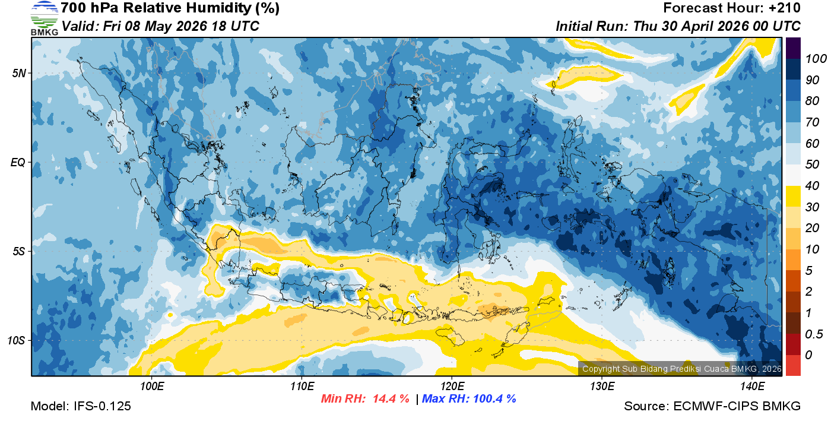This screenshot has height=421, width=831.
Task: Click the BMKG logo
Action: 45,18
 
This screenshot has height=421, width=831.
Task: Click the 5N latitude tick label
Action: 19,73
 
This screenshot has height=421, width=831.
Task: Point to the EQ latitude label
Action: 18,162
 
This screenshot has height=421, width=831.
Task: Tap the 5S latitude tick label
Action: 19,252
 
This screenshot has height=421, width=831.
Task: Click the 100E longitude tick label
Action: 152,387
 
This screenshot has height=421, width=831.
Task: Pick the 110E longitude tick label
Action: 302,387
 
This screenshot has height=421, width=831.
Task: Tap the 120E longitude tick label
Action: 452,387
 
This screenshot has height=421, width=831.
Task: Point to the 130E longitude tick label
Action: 602,387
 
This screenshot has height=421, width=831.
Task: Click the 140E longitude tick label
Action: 752,387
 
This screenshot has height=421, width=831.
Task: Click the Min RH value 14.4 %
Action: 391,399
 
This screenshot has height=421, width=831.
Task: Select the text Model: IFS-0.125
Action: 81,406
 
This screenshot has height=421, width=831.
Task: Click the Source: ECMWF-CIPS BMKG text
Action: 712,406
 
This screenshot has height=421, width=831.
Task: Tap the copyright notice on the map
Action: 681,369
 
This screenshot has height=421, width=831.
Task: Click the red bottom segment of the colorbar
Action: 793,365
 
